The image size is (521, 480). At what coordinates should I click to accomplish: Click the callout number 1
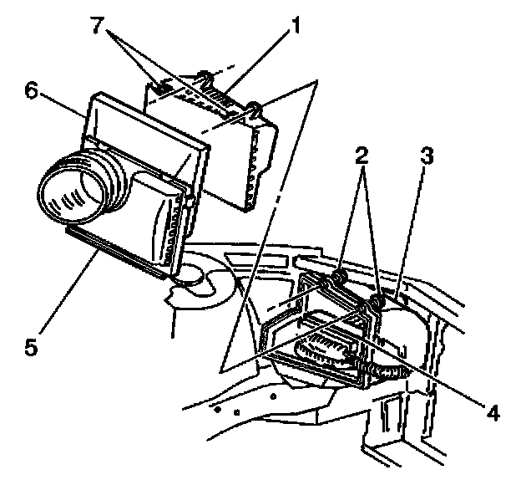(293, 25)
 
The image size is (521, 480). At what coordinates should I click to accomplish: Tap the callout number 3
(427, 156)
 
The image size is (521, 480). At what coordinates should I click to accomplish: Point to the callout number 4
(493, 413)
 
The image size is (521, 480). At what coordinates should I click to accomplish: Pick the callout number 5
(31, 347)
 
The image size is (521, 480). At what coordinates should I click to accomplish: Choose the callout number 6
(32, 90)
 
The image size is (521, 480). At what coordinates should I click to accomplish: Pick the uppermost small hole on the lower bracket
(274, 396)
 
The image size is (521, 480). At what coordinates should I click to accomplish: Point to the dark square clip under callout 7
(161, 88)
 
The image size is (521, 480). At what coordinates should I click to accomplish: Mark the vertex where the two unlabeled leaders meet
(317, 81)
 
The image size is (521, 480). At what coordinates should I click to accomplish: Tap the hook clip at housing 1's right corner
(254, 110)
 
